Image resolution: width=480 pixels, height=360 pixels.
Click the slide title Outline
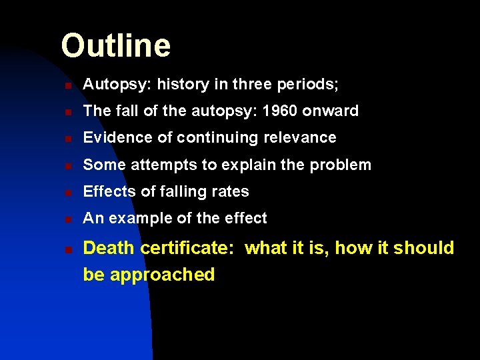point(115,46)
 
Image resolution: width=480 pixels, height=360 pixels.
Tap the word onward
point(330,111)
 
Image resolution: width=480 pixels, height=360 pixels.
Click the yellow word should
point(423,248)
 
